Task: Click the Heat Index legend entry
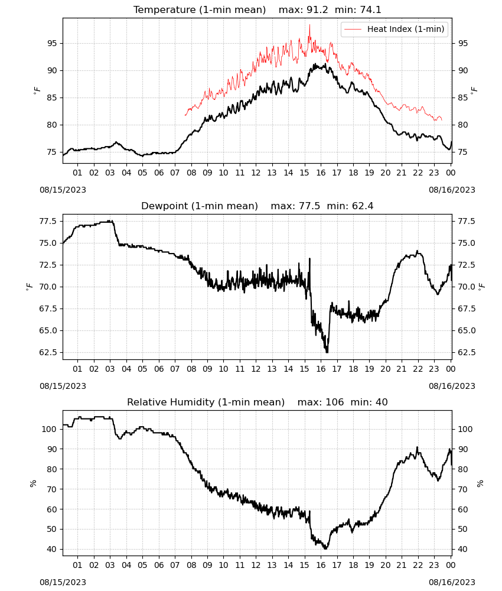click(395, 29)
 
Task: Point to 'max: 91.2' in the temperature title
click(303, 9)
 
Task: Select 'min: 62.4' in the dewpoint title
click(350, 206)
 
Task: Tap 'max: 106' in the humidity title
click(321, 402)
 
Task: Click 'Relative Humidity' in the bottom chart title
click(171, 402)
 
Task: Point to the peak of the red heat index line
click(309, 25)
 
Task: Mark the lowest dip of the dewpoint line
click(327, 352)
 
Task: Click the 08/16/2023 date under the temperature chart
click(452, 190)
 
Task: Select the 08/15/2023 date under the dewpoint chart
click(63, 386)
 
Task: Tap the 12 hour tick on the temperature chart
click(256, 173)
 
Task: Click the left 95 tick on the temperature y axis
click(52, 43)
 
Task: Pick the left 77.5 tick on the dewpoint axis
click(48, 221)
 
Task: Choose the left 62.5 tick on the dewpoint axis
click(48, 352)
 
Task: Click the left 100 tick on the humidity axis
click(50, 429)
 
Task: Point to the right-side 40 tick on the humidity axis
click(462, 549)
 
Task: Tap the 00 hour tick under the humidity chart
click(451, 565)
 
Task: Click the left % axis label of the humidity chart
click(33, 483)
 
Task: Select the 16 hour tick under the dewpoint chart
click(321, 369)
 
